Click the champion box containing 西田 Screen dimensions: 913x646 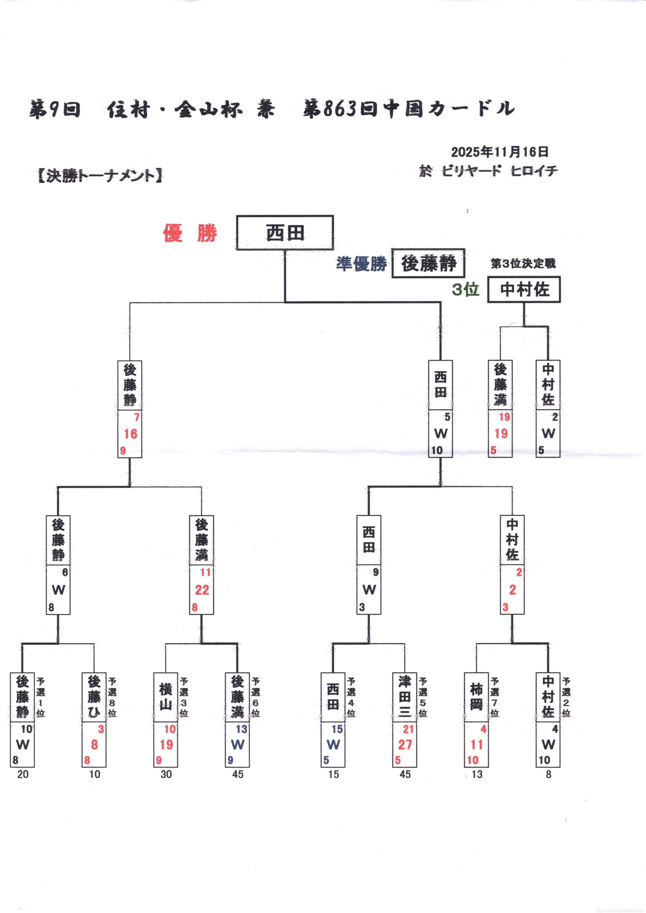pyautogui.click(x=285, y=233)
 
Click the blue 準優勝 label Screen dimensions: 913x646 pyautogui.click(x=361, y=263)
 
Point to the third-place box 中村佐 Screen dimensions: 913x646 pyautogui.click(x=524, y=290)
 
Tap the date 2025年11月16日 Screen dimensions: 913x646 pyautogui.click(x=500, y=152)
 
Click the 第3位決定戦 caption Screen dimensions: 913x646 pyautogui.click(x=523, y=263)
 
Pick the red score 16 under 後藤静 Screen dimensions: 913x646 pyautogui.click(x=130, y=434)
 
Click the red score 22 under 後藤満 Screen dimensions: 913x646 pyautogui.click(x=202, y=590)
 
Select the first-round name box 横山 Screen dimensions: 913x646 pyautogui.click(x=166, y=697)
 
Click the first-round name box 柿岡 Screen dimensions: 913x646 pyautogui.click(x=476, y=697)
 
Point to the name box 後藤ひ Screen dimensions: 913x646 pyautogui.click(x=94, y=697)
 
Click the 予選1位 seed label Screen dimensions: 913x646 pyautogui.click(x=41, y=697)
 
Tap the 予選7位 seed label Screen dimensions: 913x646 pyautogui.click(x=494, y=697)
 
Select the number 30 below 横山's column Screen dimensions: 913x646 pyautogui.click(x=166, y=774)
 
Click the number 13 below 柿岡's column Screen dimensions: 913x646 pyautogui.click(x=476, y=774)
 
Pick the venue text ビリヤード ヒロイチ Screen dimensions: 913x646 pyautogui.click(x=499, y=171)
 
